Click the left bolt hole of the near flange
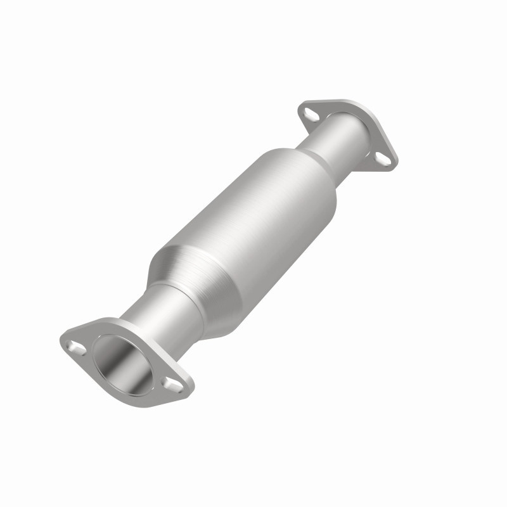tap(78, 346)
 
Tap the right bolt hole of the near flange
tap(170, 382)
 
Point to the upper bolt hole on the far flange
tap(310, 115)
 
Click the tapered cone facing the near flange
tap(184, 273)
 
